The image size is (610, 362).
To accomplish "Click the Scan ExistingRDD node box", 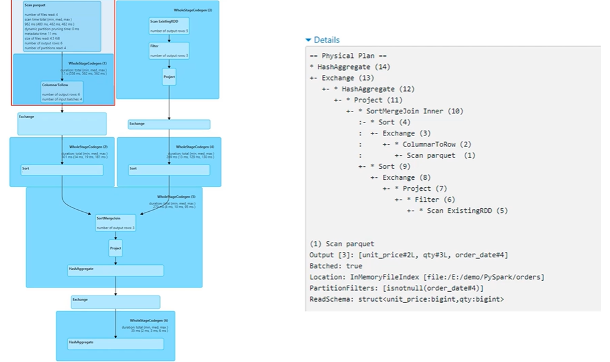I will (x=169, y=25).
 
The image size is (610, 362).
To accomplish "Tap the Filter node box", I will (x=169, y=50).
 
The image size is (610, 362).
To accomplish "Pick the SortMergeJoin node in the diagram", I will (x=115, y=222).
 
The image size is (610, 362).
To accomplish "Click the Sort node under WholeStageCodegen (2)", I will (x=62, y=169).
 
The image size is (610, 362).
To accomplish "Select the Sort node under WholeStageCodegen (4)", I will (x=169, y=169).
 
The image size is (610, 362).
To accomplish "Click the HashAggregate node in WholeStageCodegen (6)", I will (x=115, y=344).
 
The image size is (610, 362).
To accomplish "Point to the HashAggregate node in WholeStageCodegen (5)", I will (x=115, y=270).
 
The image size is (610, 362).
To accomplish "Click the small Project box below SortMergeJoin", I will (x=116, y=247).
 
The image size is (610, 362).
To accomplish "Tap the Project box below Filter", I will (x=169, y=77).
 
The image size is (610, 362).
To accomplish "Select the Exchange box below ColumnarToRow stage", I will (x=62, y=124).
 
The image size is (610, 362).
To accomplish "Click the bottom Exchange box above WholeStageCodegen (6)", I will (x=115, y=302).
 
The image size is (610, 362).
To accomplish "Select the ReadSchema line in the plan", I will (x=406, y=299).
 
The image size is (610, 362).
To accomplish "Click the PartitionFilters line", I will (x=396, y=288).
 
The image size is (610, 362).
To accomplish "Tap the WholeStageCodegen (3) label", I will (x=193, y=10).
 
